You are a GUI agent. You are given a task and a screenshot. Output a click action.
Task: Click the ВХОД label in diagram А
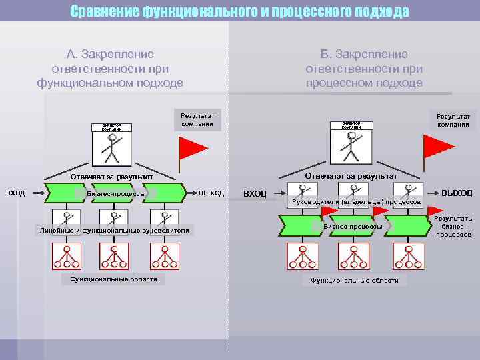point(15,193)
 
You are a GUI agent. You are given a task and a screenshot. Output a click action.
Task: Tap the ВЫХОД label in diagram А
point(211,193)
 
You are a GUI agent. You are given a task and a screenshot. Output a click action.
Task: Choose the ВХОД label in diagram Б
point(255,193)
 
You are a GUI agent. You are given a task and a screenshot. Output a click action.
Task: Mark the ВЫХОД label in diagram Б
point(457,193)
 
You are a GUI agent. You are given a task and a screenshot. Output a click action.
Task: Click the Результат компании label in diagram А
point(197,119)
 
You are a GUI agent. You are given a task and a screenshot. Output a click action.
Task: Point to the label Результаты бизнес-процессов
point(454,227)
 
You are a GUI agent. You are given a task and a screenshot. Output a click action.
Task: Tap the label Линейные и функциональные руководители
point(114,231)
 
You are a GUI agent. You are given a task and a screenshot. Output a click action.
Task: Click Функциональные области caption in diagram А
point(113,279)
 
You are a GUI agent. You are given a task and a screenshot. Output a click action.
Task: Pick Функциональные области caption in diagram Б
point(355,281)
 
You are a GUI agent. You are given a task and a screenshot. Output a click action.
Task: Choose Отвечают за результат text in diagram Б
point(351,175)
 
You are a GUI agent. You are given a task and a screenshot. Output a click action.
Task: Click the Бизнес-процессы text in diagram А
point(116,194)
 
